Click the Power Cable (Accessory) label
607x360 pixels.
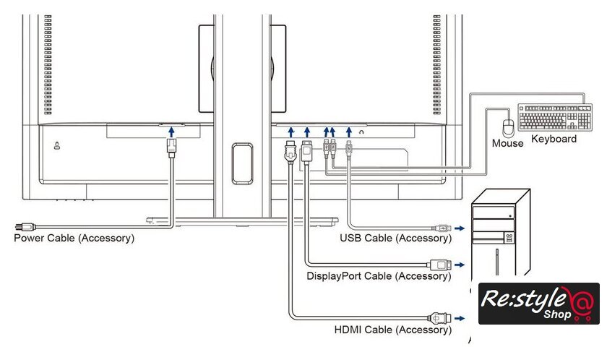[x=74, y=237]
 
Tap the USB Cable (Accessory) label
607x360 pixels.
[x=396, y=238]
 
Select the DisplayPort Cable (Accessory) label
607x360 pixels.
[x=379, y=275]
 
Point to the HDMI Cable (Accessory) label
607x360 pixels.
[x=393, y=330]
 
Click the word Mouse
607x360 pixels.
[x=507, y=143]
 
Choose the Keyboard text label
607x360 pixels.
[x=554, y=139]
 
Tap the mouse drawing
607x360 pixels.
[x=509, y=127]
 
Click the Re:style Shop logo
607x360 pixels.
[x=538, y=304]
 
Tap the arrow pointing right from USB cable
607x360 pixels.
[x=460, y=228]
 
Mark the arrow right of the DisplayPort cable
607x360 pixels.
[x=460, y=265]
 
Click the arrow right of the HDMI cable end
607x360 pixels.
[x=460, y=317]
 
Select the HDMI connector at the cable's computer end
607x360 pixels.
[x=440, y=317]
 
